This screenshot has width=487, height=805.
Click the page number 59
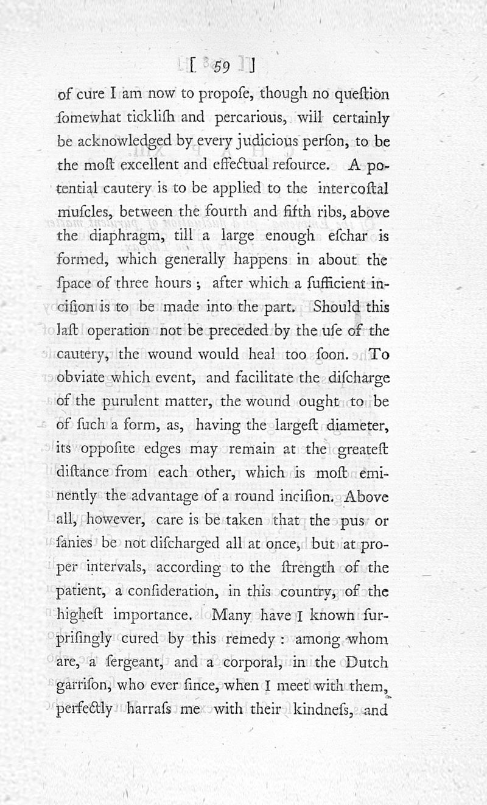tap(220, 66)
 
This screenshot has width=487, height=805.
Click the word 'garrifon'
tap(83, 685)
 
